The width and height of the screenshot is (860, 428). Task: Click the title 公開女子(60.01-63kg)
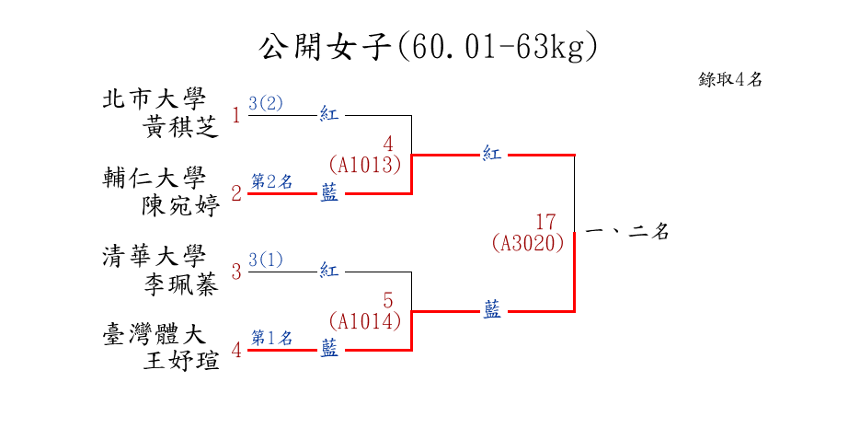pyautogui.click(x=429, y=45)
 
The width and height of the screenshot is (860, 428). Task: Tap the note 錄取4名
pyautogui.click(x=730, y=79)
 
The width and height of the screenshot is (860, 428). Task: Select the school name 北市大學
pyautogui.click(x=154, y=98)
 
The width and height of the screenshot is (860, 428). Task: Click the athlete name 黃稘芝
pyautogui.click(x=181, y=127)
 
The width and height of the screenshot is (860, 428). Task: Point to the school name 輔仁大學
pyautogui.click(x=154, y=178)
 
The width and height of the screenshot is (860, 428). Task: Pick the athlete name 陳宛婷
pyautogui.click(x=181, y=205)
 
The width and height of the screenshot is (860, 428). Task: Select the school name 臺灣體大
pyautogui.click(x=154, y=334)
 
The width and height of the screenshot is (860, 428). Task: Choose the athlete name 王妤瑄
pyautogui.click(x=181, y=362)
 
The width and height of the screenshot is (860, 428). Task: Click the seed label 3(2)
pyautogui.click(x=266, y=103)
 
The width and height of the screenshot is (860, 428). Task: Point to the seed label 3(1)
pyautogui.click(x=266, y=260)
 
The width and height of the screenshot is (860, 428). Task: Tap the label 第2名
pyautogui.click(x=271, y=181)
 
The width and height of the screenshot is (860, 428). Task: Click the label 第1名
pyautogui.click(x=271, y=338)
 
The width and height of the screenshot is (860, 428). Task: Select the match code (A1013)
pyautogui.click(x=365, y=165)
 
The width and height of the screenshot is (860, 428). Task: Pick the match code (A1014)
pyautogui.click(x=365, y=321)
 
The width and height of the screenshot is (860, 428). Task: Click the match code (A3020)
pyautogui.click(x=528, y=243)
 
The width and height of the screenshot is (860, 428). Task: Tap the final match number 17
pyautogui.click(x=545, y=222)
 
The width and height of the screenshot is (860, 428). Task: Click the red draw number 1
pyautogui.click(x=236, y=116)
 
